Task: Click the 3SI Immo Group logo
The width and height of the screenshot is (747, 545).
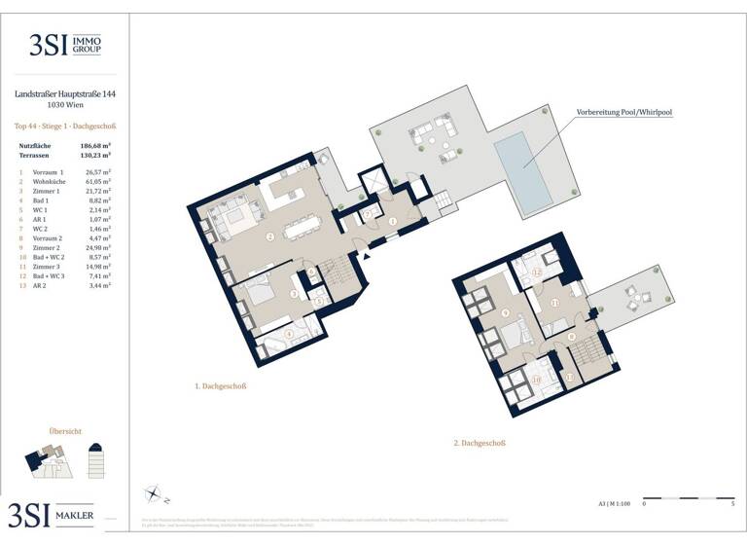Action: pos(64,45)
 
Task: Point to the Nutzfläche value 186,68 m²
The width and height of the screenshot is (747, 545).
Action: pos(94,145)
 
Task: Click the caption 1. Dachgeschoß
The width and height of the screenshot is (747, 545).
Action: pos(221,386)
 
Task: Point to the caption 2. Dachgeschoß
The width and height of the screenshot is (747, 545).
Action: pos(481,443)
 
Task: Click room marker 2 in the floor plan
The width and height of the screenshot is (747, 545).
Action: pos(269,236)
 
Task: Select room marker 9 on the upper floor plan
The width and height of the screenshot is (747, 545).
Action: pos(506,312)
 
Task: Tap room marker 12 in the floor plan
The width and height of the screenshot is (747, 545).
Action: pos(537,272)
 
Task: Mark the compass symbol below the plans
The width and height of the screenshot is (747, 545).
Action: pos(153,493)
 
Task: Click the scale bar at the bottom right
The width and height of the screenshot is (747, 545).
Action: pos(689,496)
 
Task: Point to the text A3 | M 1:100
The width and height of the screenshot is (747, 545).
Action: pos(614,504)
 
